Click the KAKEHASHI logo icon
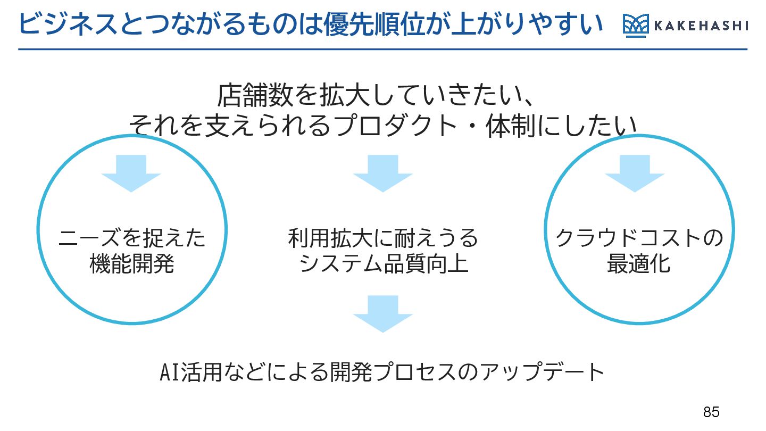(636, 26)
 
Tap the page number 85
(711, 412)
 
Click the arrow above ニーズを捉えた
(131, 173)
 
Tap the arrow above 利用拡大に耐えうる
(383, 173)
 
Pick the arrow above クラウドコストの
(635, 173)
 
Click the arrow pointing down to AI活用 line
(383, 314)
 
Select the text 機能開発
(132, 263)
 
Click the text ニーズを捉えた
(132, 238)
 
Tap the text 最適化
(638, 263)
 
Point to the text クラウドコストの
(639, 238)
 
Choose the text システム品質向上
(384, 263)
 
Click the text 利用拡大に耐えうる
(383, 238)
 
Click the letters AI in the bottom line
(170, 372)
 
